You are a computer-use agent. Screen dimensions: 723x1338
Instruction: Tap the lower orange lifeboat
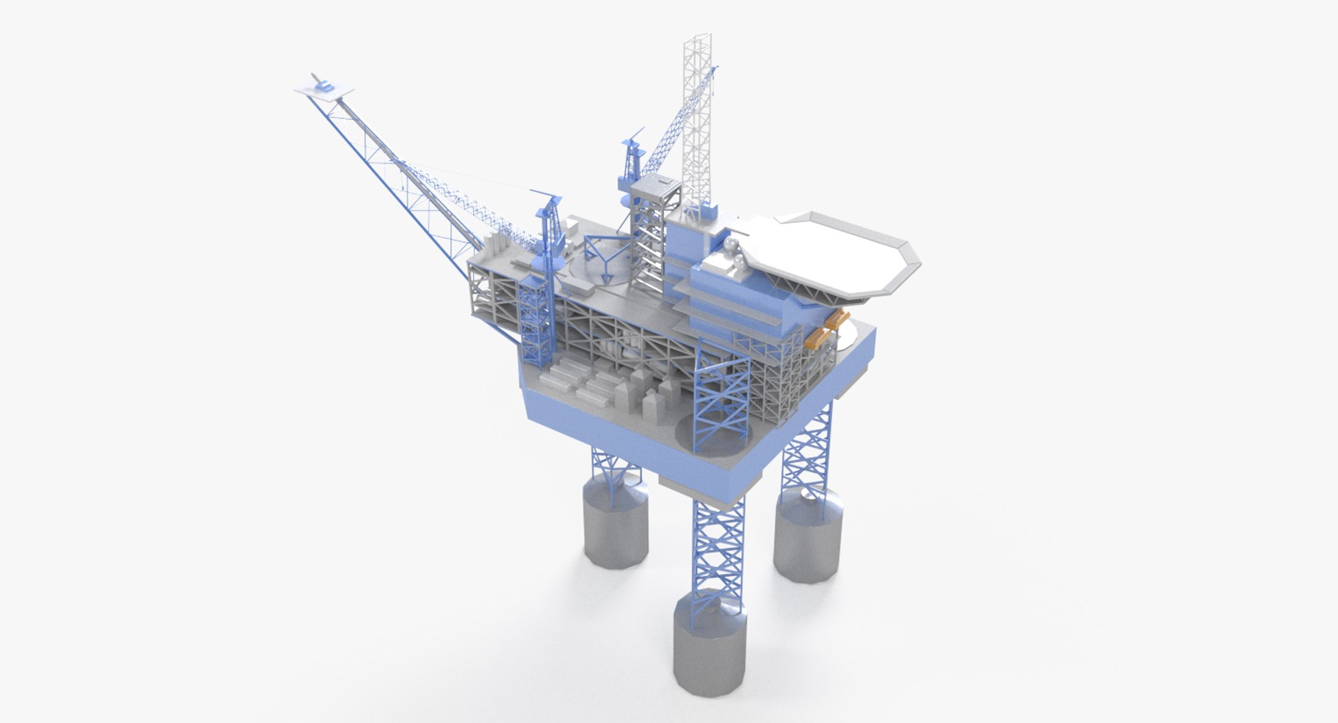point(819,339)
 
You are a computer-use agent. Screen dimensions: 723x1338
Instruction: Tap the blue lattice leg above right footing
point(808,446)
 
